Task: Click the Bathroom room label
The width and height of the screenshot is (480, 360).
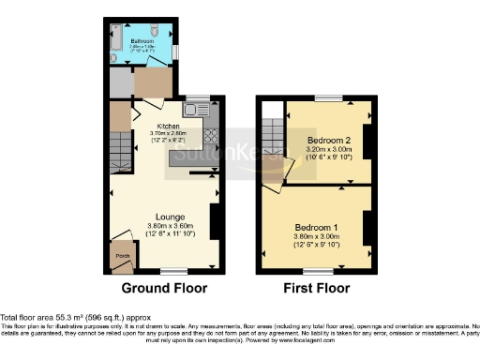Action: [x=142, y=42]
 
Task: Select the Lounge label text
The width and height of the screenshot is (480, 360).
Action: [x=169, y=217]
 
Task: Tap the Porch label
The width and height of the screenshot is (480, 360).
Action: [x=122, y=255]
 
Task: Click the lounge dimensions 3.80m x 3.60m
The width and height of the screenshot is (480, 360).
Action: [x=169, y=226]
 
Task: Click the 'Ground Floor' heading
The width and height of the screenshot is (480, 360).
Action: [x=164, y=288]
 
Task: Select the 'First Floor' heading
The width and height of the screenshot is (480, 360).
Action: [x=317, y=288]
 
